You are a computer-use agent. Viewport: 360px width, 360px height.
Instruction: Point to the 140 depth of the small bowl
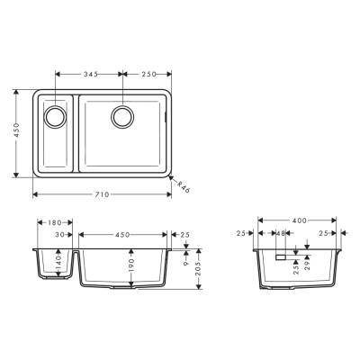57,262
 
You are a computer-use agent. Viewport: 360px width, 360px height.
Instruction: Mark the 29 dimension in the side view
307,264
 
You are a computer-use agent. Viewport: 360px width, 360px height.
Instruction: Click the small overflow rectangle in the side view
281,256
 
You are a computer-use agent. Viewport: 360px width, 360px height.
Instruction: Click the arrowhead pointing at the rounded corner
172,178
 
